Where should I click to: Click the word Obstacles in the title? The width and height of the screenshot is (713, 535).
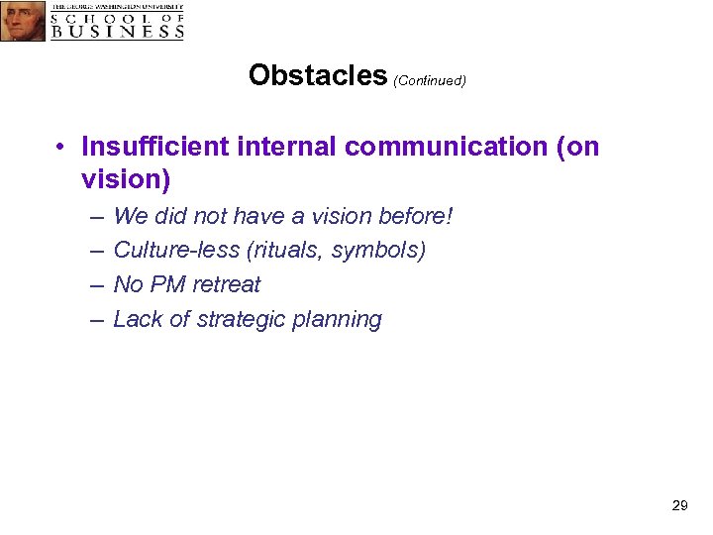tap(318, 76)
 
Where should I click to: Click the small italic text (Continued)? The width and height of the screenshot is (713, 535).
tap(430, 81)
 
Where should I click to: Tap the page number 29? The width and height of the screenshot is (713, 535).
tap(679, 505)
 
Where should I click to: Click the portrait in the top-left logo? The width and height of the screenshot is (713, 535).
tap(23, 21)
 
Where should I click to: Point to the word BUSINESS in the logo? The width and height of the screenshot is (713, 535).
tap(118, 31)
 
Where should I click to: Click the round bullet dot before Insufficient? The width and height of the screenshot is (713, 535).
tap(61, 148)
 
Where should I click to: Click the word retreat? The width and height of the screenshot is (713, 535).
tap(227, 284)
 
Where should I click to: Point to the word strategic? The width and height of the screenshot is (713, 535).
tap(232, 319)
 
